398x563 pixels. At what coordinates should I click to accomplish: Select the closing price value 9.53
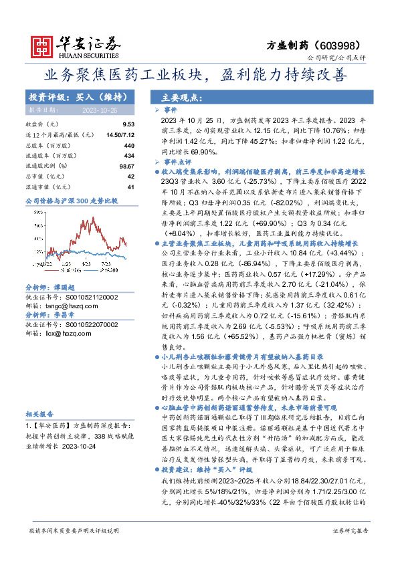pos(128,124)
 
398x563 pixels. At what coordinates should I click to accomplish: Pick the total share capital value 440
pos(130,144)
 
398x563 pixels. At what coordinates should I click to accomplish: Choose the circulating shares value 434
pos(130,154)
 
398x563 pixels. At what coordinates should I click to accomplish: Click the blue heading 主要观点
pos(177,97)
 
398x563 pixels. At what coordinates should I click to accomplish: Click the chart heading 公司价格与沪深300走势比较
pos(71,201)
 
